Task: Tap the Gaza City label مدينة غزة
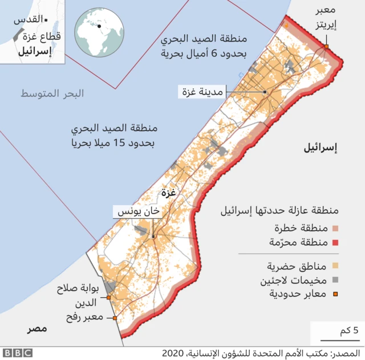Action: tap(202, 92)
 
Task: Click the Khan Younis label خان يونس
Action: tap(137, 212)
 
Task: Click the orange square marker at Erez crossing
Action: tap(327, 47)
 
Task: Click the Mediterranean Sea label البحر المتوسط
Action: tap(52, 93)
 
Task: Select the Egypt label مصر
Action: tap(36, 329)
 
